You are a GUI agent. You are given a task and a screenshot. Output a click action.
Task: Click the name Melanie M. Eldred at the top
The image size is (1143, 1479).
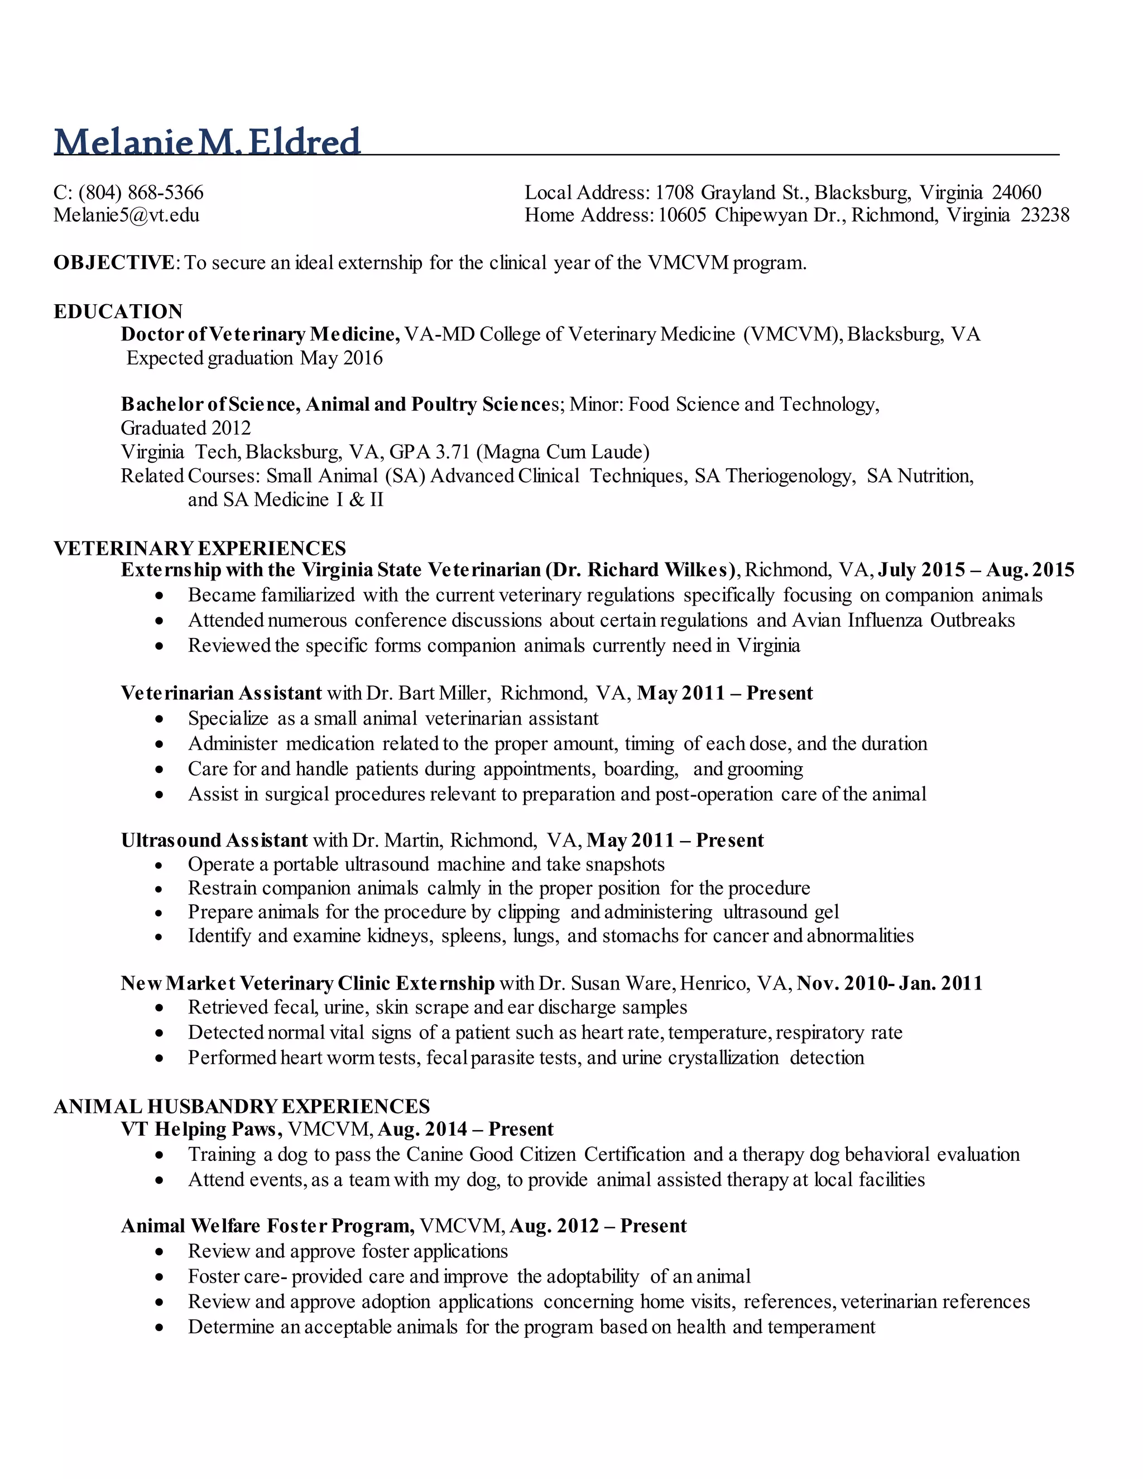pos(206,142)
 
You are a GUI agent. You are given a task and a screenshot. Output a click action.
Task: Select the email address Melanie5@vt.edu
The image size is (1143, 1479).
pos(127,215)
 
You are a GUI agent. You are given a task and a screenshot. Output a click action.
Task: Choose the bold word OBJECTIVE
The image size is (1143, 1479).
pos(114,263)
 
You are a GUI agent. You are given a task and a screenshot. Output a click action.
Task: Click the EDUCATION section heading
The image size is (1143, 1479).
pos(118,311)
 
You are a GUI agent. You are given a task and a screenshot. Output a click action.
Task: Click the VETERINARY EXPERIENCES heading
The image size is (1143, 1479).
pos(200,548)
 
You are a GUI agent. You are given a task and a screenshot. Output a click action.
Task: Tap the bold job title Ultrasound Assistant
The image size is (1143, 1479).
pos(215,841)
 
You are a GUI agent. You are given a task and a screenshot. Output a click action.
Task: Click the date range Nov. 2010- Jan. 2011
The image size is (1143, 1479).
pos(890,983)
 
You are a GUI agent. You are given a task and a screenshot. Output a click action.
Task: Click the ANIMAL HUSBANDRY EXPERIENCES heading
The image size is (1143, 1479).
pos(242,1107)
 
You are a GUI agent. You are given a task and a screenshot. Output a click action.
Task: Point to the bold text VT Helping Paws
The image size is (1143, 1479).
pos(200,1130)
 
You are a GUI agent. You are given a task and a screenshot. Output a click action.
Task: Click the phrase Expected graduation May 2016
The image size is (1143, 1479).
pos(254,358)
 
